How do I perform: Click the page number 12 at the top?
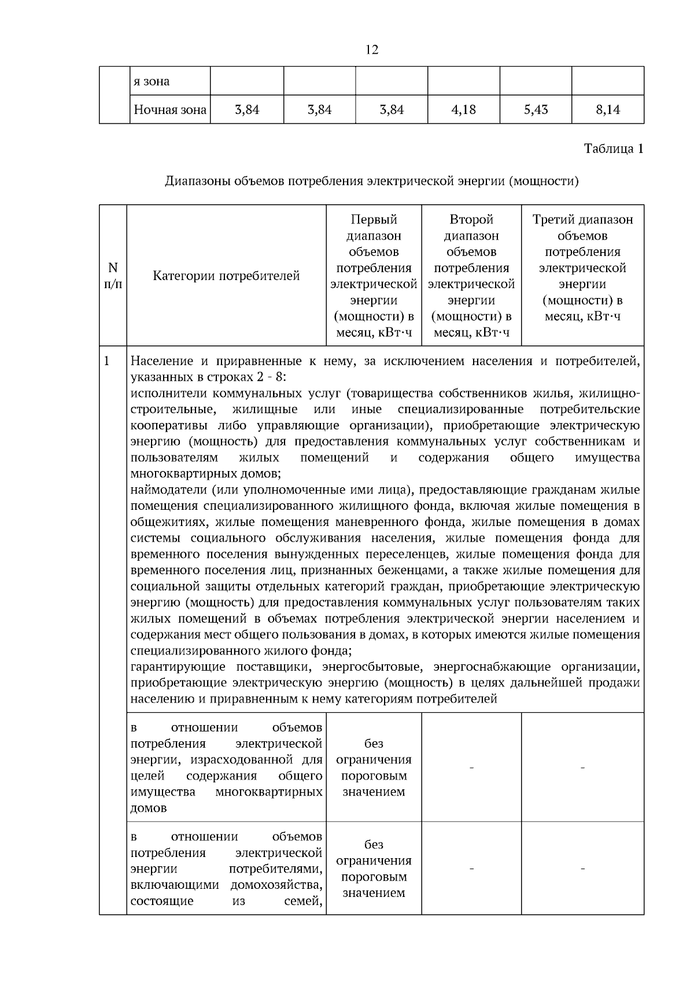372,50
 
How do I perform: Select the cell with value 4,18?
463,109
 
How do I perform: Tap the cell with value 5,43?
536,109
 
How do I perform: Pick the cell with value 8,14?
608,109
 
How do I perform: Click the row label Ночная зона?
170,109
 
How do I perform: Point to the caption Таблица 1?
613,149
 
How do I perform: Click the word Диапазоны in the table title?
197,181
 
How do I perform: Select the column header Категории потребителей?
226,276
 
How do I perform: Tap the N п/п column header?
113,275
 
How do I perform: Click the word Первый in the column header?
374,220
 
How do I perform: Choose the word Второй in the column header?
471,220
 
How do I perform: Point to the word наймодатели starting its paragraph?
168,490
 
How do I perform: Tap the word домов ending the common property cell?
148,808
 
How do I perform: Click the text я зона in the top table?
152,82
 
